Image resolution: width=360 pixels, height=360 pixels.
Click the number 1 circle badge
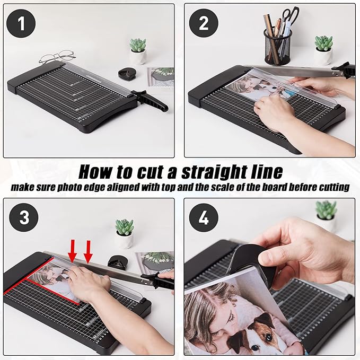[x=21, y=23]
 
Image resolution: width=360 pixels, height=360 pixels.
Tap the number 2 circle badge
[x=204, y=23]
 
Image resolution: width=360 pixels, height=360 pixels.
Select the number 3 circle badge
[x=24, y=217]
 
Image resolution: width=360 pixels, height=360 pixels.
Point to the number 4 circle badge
[x=204, y=217]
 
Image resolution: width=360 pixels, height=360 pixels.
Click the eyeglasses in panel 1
[x=57, y=57]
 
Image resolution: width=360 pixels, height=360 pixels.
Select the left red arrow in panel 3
[x=73, y=251]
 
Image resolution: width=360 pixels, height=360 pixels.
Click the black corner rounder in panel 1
[x=127, y=73]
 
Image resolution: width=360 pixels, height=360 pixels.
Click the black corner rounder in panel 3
[x=117, y=262]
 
